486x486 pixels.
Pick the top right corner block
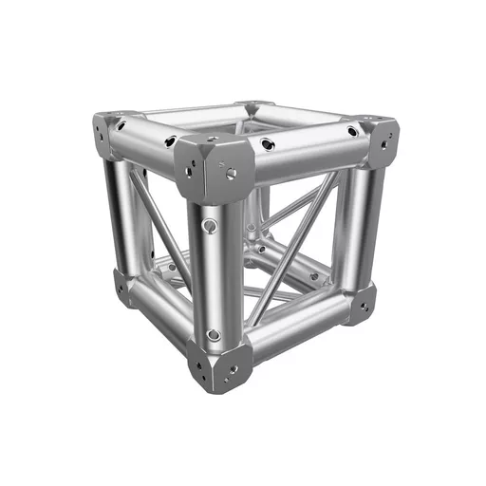(378, 140)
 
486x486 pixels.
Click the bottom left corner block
(122, 284)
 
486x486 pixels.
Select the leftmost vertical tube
(120, 214)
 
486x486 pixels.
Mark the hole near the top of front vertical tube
(211, 226)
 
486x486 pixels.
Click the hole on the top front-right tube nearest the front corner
(271, 144)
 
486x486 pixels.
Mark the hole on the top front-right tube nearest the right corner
(352, 132)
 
